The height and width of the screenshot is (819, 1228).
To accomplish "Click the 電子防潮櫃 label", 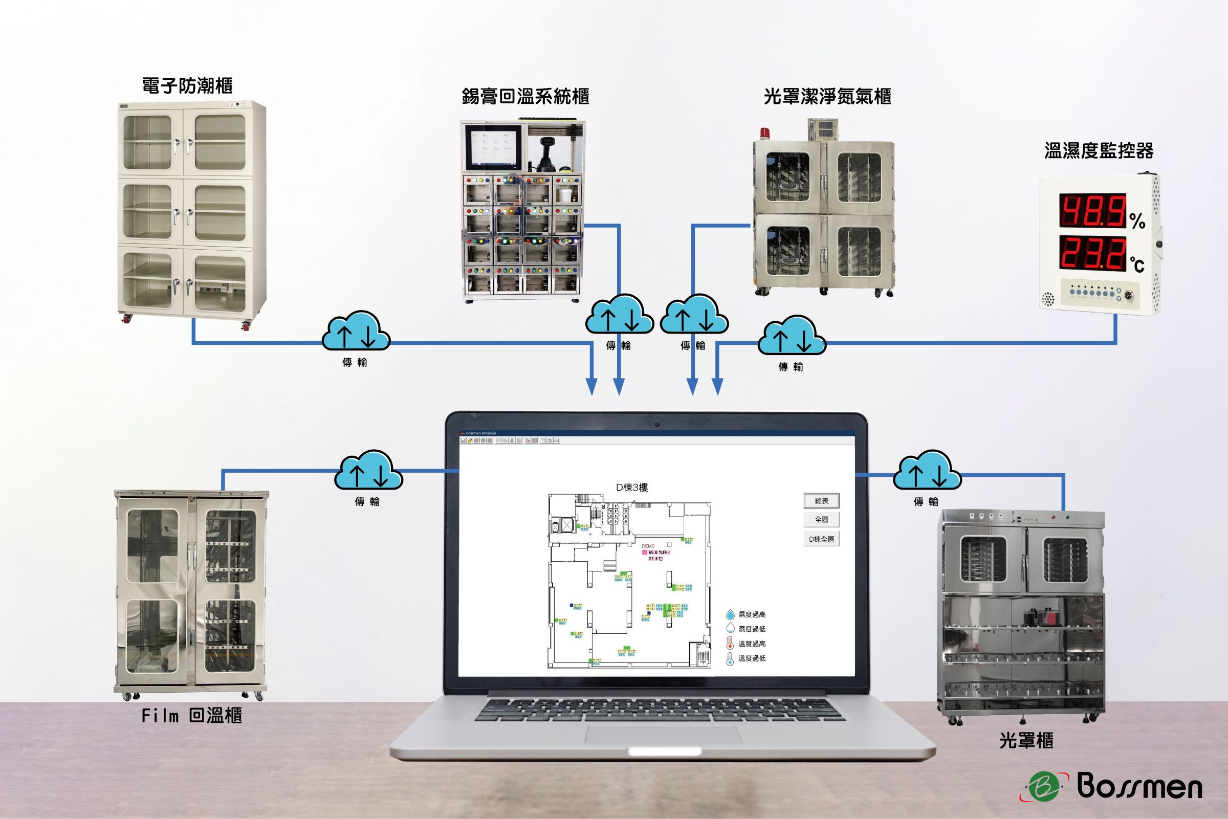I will click(187, 85).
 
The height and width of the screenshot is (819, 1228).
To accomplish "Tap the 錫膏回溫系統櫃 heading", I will click(525, 97).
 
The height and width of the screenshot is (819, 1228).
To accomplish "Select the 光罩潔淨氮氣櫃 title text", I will click(827, 97).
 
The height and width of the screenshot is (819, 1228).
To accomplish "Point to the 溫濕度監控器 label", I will click(1099, 151).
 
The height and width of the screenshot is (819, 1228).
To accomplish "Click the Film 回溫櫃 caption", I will click(191, 715).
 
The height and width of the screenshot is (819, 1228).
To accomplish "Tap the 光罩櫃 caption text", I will click(1026, 740).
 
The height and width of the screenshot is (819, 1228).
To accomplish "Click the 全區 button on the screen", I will click(821, 519).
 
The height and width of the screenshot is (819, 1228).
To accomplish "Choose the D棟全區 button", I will click(821, 539).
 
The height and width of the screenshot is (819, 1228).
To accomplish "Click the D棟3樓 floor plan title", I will click(631, 488).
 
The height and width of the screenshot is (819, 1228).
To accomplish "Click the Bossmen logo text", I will click(1139, 787).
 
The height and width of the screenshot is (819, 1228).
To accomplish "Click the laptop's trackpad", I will click(663, 734).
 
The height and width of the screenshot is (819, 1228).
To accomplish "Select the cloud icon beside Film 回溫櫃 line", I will click(368, 470).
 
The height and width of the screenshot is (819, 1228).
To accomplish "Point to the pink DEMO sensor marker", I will click(645, 552).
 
